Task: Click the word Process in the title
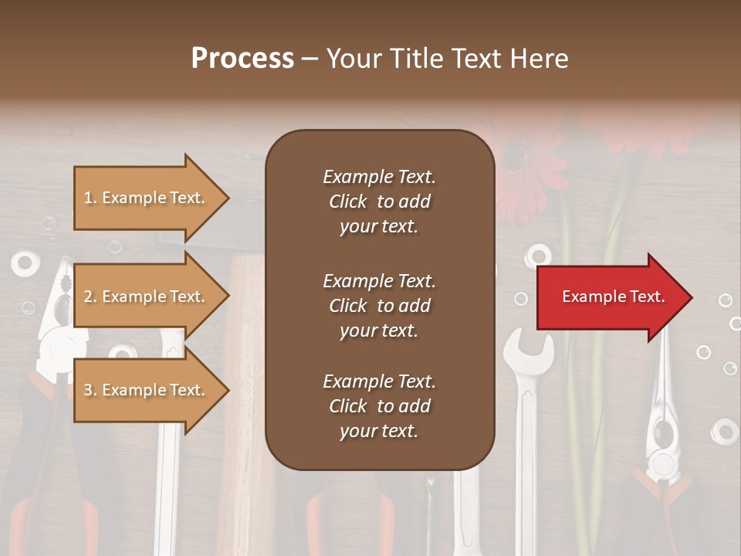pos(242,59)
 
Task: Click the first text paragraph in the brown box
pos(379,202)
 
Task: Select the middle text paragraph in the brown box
pos(379,306)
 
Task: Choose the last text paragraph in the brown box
pos(379,406)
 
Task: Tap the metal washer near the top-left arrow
pos(25,263)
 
